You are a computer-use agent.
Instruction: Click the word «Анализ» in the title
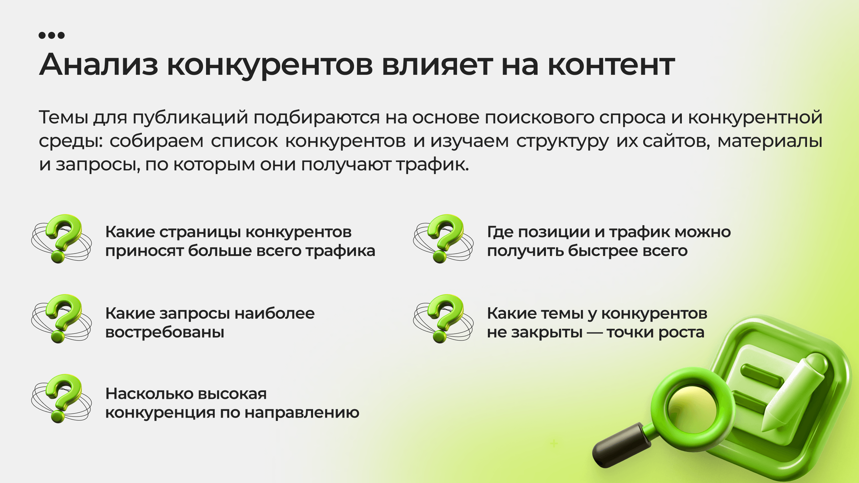[99, 64]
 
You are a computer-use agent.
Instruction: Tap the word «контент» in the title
[611, 65]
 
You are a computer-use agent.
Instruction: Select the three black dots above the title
[52, 35]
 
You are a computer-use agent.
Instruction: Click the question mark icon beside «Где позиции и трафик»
[443, 238]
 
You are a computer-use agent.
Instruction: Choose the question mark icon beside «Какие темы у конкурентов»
[443, 319]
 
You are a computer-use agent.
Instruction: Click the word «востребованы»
[165, 332]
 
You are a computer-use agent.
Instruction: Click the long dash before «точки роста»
[595, 333]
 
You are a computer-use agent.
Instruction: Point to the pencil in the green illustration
[792, 392]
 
